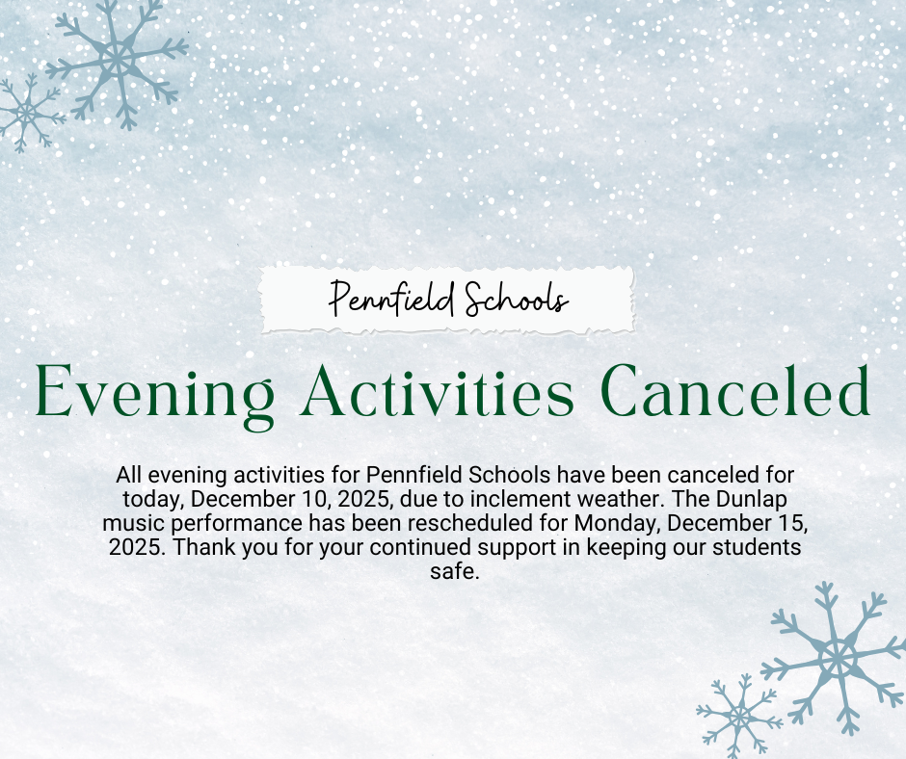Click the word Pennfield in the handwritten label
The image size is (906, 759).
(x=391, y=299)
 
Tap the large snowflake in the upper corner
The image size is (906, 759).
(x=117, y=59)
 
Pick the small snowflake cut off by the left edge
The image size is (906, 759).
(x=24, y=114)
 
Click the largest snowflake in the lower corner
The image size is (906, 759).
(x=837, y=658)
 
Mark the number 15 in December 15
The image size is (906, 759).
(x=786, y=524)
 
